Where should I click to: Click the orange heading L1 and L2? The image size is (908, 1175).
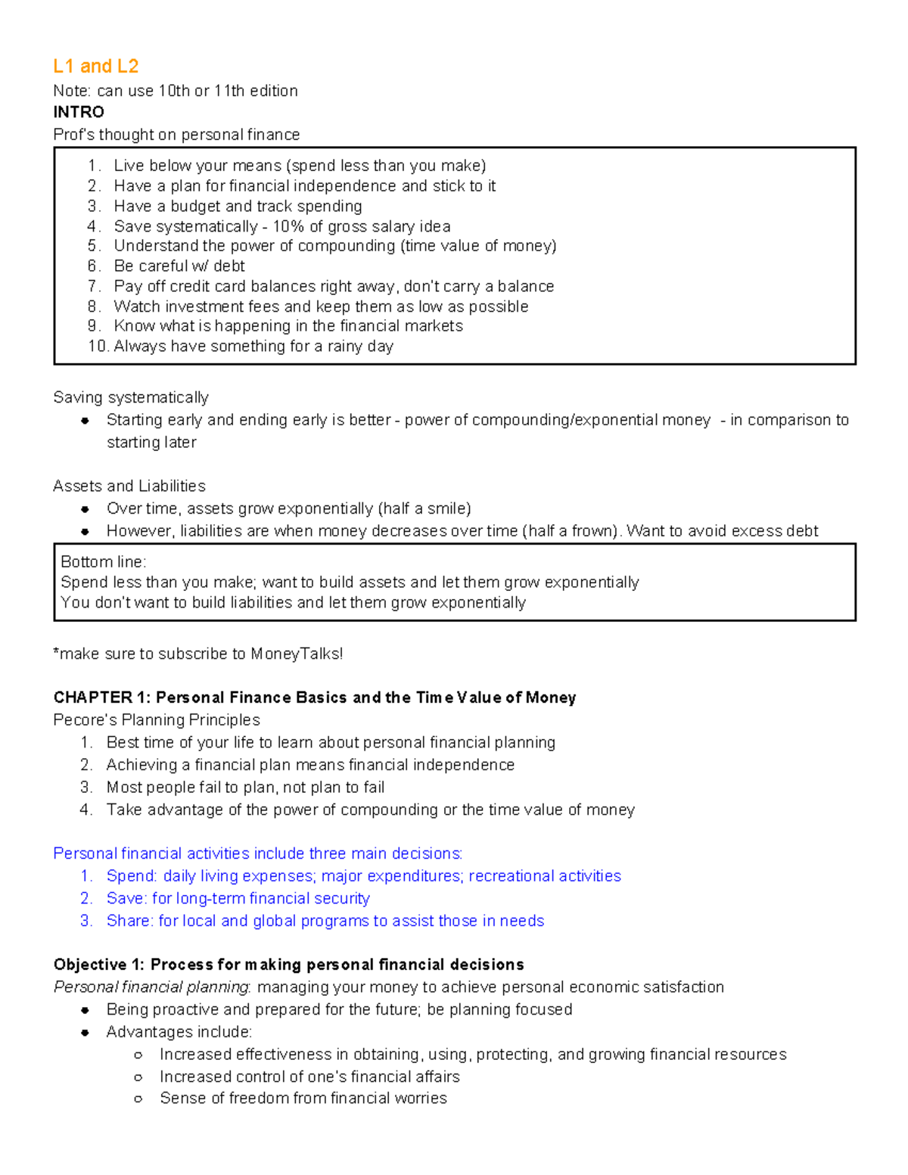[95, 67]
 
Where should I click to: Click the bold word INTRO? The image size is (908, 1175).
[79, 112]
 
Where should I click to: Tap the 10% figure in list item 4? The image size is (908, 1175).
[288, 226]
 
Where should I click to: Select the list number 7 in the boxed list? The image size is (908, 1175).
[93, 286]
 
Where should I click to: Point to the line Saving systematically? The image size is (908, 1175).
[131, 398]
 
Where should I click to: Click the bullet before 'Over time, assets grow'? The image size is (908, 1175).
[86, 509]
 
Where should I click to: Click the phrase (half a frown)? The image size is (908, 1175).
[571, 531]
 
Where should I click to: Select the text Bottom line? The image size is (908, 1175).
[103, 562]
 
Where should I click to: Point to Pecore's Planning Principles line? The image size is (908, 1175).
[157, 720]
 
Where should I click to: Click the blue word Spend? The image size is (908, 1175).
[132, 876]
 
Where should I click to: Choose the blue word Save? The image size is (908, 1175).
[126, 899]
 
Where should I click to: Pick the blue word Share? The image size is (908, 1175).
[129, 921]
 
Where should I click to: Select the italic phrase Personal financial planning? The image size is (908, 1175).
[151, 987]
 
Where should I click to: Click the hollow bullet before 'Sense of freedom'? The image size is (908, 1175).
[138, 1099]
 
